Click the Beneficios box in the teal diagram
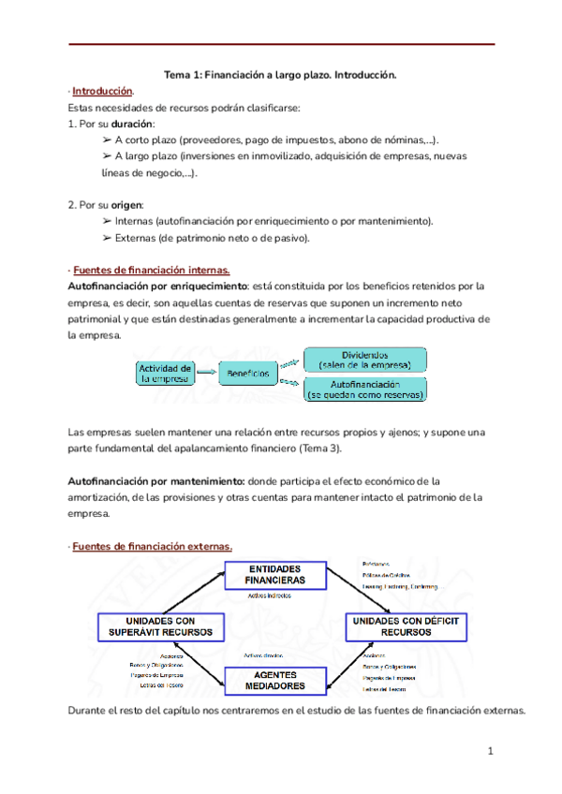248,374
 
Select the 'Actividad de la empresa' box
166,373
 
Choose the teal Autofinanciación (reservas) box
365,390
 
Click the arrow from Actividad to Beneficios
207,374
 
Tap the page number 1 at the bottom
490,751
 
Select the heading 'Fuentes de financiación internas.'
143,270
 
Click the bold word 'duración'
132,123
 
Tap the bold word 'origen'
128,204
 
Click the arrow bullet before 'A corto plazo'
107,139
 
